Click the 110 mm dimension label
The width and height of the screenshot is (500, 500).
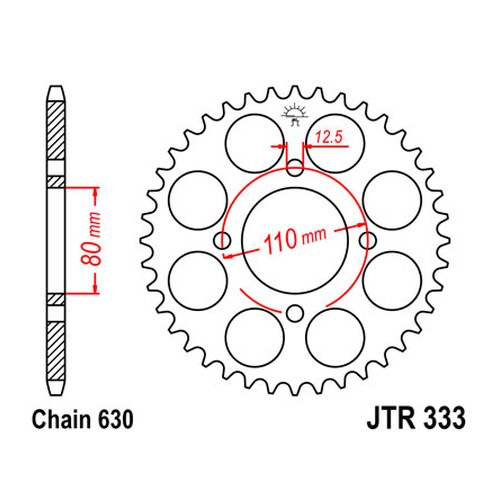(x=295, y=239)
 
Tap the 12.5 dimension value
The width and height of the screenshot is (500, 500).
(x=329, y=137)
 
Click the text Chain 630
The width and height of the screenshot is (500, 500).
(x=82, y=419)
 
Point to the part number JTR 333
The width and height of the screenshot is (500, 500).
(x=416, y=418)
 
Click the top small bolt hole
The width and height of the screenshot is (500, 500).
(x=295, y=168)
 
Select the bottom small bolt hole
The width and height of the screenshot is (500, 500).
(x=295, y=313)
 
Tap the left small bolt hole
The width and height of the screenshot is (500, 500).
(x=222, y=240)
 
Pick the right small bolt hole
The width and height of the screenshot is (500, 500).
(x=368, y=240)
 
